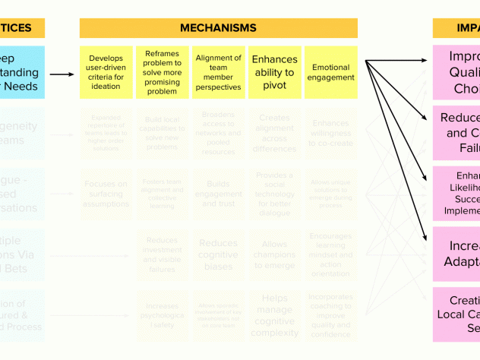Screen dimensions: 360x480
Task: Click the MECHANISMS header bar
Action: tap(218, 28)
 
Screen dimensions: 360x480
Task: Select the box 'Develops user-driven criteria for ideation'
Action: tap(106, 72)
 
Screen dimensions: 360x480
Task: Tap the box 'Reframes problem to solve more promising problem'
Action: tap(163, 72)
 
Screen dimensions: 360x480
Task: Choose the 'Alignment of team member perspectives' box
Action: tap(218, 72)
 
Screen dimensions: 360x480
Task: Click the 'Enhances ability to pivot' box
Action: tap(274, 72)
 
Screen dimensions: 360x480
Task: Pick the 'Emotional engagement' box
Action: tap(331, 72)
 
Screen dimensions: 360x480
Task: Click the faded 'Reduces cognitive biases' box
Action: tap(218, 254)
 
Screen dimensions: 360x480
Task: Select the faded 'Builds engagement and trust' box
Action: tap(218, 194)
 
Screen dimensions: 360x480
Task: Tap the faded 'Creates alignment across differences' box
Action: tap(274, 134)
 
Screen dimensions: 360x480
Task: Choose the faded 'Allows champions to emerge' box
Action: tap(274, 254)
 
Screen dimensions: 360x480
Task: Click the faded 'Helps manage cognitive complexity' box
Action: tap(274, 315)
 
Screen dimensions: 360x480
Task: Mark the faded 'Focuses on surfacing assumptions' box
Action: tap(106, 194)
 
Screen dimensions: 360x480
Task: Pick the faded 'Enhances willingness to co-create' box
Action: tap(331, 134)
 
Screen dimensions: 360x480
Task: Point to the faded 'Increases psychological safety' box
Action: tap(163, 315)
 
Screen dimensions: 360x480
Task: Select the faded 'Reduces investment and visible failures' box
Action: tap(163, 254)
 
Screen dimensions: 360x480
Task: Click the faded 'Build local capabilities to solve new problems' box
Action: tap(163, 134)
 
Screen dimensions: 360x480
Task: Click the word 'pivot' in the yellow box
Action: tap(274, 86)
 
